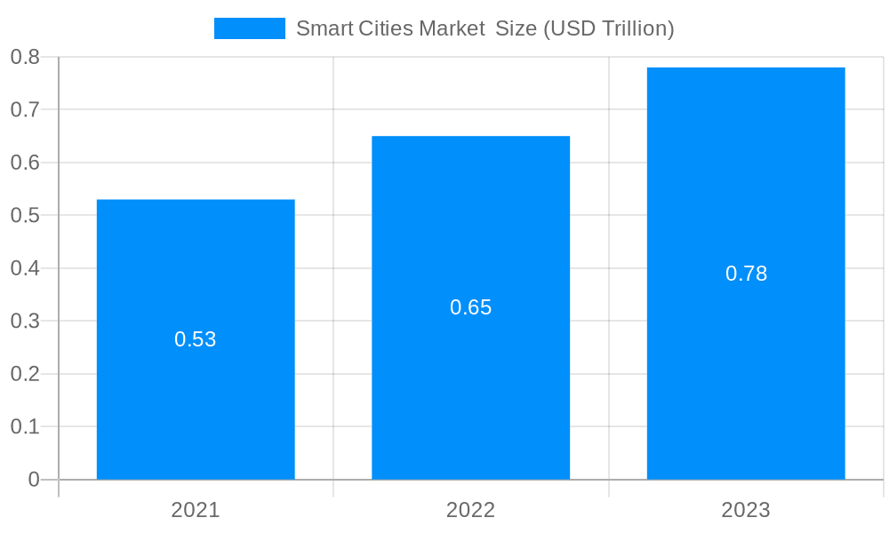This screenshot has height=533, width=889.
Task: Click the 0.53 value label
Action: pos(196,339)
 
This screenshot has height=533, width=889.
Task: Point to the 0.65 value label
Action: pos(470,307)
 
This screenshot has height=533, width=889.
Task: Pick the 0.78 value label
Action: pos(746,274)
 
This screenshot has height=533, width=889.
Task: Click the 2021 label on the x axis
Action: pos(196,510)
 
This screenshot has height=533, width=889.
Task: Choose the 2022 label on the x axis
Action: pos(470,510)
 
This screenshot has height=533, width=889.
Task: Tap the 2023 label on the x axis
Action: pos(746,510)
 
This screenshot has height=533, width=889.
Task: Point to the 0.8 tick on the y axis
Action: pos(25,57)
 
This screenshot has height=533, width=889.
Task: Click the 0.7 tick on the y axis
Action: pos(25,110)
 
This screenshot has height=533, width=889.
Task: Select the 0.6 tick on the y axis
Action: pos(25,163)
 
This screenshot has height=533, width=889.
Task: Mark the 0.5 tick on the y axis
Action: pos(25,216)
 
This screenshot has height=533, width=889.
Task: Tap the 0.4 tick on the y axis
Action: pos(25,268)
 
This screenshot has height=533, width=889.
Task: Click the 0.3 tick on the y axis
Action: pos(25,321)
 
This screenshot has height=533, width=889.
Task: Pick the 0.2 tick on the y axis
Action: pos(25,374)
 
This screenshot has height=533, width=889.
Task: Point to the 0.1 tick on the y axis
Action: pos(25,426)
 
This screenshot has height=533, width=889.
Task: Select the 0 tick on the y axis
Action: pos(34,480)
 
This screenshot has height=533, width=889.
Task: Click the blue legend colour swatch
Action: pos(250,28)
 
